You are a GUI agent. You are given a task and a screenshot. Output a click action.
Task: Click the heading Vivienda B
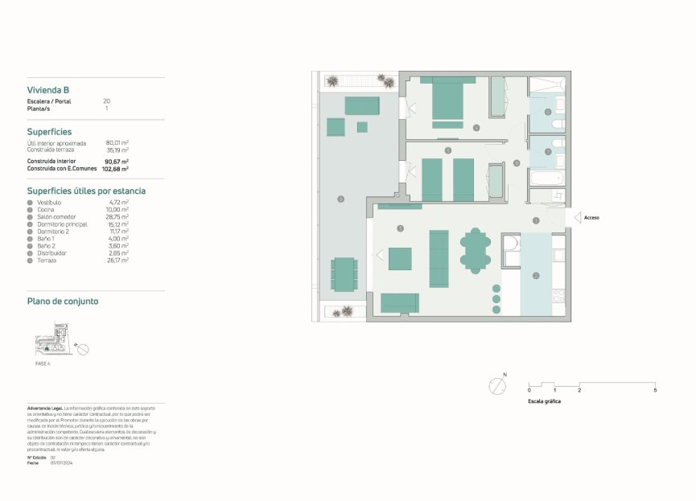(48, 90)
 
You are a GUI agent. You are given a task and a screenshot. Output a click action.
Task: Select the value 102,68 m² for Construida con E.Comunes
(115, 170)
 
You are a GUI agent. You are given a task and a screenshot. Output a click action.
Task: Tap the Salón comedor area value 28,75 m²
(118, 217)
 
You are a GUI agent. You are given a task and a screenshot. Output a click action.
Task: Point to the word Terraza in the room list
(47, 261)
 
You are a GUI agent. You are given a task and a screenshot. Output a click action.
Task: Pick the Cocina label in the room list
(47, 210)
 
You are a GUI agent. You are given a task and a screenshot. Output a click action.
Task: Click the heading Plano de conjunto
(63, 302)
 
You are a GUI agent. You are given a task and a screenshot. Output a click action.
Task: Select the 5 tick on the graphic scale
(654, 388)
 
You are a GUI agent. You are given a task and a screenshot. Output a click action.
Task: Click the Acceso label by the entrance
(591, 217)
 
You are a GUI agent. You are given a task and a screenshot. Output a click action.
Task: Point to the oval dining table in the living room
(475, 249)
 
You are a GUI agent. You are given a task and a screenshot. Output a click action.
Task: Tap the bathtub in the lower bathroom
(547, 177)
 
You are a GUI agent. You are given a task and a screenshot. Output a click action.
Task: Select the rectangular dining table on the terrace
(344, 274)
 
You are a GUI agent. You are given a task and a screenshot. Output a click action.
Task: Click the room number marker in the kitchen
(536, 276)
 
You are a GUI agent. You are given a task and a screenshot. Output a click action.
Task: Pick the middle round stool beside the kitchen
(496, 298)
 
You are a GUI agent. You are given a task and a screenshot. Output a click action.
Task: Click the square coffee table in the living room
(400, 258)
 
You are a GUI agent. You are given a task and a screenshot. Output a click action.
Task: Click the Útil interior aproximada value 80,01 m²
(117, 143)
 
